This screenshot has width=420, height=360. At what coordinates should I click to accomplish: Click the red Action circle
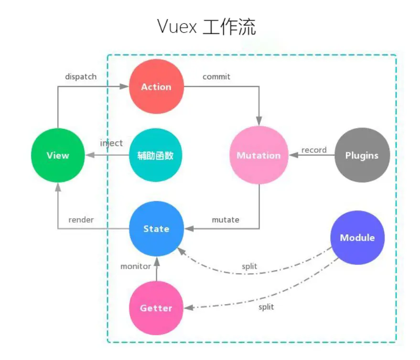pyautogui.click(x=156, y=87)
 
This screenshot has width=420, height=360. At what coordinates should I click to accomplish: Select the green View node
pyautogui.click(x=58, y=156)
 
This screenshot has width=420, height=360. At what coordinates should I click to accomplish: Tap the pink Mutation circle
pyautogui.click(x=258, y=156)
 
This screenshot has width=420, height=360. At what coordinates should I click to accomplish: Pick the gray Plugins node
pyautogui.click(x=362, y=156)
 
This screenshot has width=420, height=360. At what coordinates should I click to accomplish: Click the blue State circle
pyautogui.click(x=156, y=229)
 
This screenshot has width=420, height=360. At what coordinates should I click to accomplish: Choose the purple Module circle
pyautogui.click(x=357, y=238)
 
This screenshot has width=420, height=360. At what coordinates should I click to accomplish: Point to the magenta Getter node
pyautogui.click(x=156, y=308)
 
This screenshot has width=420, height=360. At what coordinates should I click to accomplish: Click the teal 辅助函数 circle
pyautogui.click(x=156, y=156)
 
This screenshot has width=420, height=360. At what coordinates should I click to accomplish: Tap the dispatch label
pyautogui.click(x=81, y=76)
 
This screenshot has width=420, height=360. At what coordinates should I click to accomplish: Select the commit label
pyautogui.click(x=216, y=76)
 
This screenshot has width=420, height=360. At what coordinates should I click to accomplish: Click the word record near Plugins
pyautogui.click(x=314, y=150)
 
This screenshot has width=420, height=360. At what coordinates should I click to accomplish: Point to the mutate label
pyautogui.click(x=226, y=220)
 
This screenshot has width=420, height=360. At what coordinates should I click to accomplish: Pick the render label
pyautogui.click(x=81, y=220)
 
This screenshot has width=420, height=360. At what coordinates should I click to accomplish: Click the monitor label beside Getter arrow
pyautogui.click(x=136, y=266)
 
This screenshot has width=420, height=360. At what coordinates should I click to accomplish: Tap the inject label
pyautogui.click(x=111, y=143)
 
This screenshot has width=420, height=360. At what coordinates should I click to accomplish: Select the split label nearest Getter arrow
pyautogui.click(x=266, y=307)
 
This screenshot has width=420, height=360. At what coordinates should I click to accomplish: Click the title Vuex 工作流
pyautogui.click(x=206, y=27)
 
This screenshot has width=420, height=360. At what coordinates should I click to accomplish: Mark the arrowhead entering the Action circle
pyautogui.click(x=125, y=87)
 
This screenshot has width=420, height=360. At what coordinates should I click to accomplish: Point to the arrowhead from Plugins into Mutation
pyautogui.click(x=292, y=156)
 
